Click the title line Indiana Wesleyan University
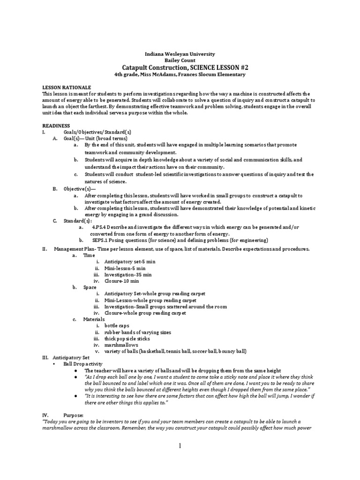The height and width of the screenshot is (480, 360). pos(180,54)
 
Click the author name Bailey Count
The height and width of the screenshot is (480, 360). pos(180,61)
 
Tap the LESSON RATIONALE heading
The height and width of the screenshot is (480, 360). pos(67,87)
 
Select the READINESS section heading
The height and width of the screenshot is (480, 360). pos(56,126)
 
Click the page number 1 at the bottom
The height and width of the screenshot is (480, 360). pos(180,447)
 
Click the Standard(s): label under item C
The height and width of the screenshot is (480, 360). pos(78,220)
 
